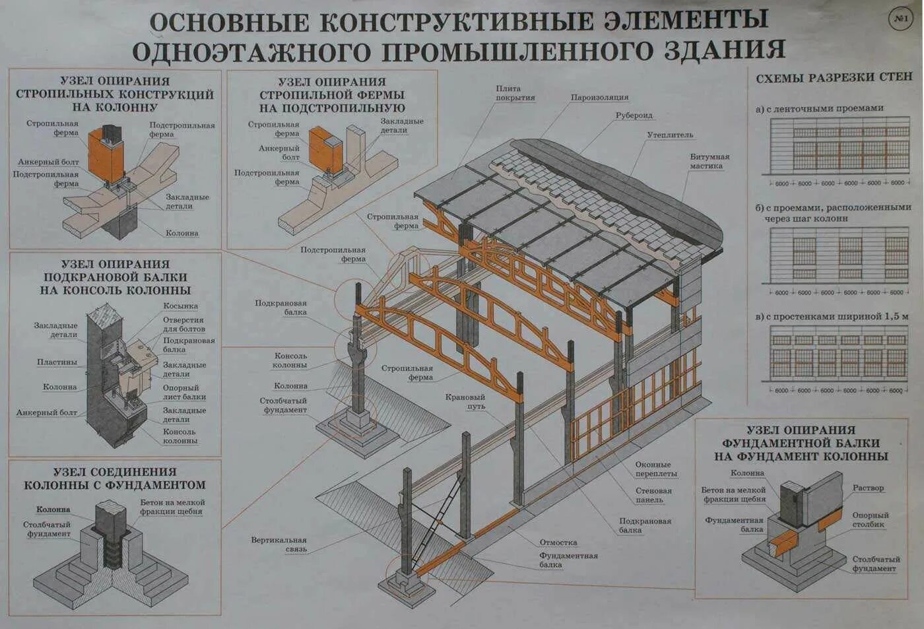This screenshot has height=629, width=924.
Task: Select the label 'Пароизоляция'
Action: pos(599,98)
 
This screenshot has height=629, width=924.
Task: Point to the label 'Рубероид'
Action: pos(634,116)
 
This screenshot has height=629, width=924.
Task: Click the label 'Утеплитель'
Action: pos(670,135)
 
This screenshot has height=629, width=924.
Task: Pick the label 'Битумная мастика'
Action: pos(709,162)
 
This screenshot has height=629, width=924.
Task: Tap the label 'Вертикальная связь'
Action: pos(279,545)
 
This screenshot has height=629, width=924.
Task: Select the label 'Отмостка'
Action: pos(558,543)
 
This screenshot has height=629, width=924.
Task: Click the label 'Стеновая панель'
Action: pos(653,495)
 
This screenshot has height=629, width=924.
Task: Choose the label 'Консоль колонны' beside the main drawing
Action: pos(290,360)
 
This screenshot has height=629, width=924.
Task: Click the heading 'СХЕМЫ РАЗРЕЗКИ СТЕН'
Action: pos(834,78)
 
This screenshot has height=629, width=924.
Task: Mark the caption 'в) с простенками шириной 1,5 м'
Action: pos(832,317)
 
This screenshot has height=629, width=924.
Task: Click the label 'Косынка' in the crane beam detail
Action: pos(180,306)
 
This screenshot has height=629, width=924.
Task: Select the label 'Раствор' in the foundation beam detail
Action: pos(867,488)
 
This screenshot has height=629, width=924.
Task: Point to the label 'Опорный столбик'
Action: pos(870,519)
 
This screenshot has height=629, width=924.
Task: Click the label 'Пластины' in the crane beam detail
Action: pos(57,362)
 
